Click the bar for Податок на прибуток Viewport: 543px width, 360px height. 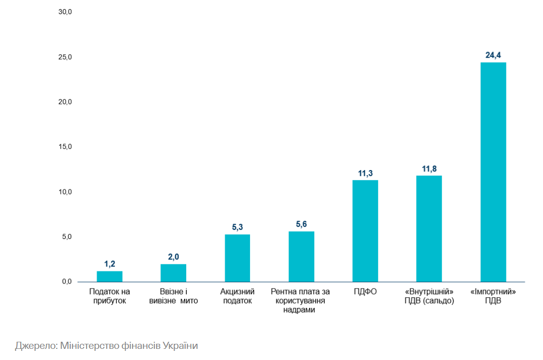[x=109, y=276]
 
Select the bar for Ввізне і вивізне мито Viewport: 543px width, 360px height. [x=173, y=273]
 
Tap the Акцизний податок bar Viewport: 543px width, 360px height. [x=237, y=258]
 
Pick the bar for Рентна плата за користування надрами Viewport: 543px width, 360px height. [x=301, y=257]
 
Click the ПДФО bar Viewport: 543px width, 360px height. [x=365, y=231]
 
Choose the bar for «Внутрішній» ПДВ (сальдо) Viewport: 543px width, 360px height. [x=429, y=229]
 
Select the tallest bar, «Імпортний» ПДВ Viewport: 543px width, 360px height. [x=493, y=172]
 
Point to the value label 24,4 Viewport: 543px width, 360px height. [x=493, y=55]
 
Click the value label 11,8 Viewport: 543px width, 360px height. [x=429, y=169]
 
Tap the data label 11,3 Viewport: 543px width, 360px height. [x=365, y=173]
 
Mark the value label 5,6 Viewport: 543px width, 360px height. [x=301, y=224]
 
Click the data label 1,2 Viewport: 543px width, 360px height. [x=109, y=264]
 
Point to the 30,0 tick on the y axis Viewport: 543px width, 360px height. [x=65, y=12]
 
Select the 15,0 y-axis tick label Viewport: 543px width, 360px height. [x=65, y=146]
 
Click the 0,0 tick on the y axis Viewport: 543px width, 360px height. [x=67, y=282]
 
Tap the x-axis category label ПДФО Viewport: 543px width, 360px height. [x=365, y=292]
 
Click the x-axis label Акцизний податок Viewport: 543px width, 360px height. [x=237, y=296]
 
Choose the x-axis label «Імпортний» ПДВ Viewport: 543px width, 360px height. [x=493, y=296]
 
